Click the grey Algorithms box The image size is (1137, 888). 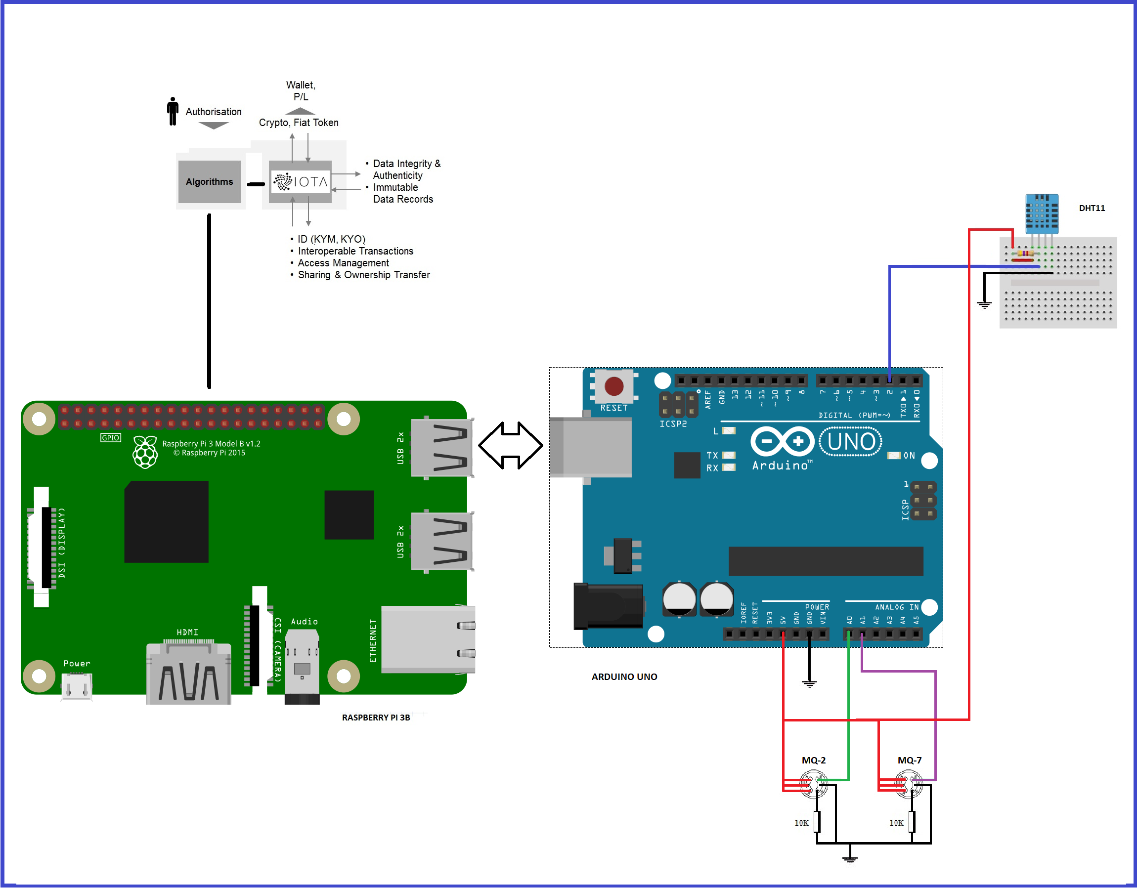coord(209,182)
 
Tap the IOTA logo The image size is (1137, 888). coord(301,182)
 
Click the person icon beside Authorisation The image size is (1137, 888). coord(173,111)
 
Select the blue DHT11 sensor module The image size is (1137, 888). coord(1041,213)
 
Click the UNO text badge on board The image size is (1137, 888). coord(851,442)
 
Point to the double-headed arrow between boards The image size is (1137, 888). coord(510,446)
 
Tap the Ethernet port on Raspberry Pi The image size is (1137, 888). coord(428,640)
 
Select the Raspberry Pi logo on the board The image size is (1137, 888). coord(145,452)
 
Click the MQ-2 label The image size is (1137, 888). coord(813,761)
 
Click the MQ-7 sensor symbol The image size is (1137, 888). coord(909,784)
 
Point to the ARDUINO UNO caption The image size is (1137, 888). coord(624,677)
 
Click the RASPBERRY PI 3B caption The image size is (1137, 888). coord(376,718)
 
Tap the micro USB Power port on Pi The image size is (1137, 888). coord(77,686)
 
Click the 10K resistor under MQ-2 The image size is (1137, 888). coord(817,822)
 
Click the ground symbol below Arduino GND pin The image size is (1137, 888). coord(809,683)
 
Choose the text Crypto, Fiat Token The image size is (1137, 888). coord(298,123)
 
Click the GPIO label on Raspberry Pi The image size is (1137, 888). coord(110,438)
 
